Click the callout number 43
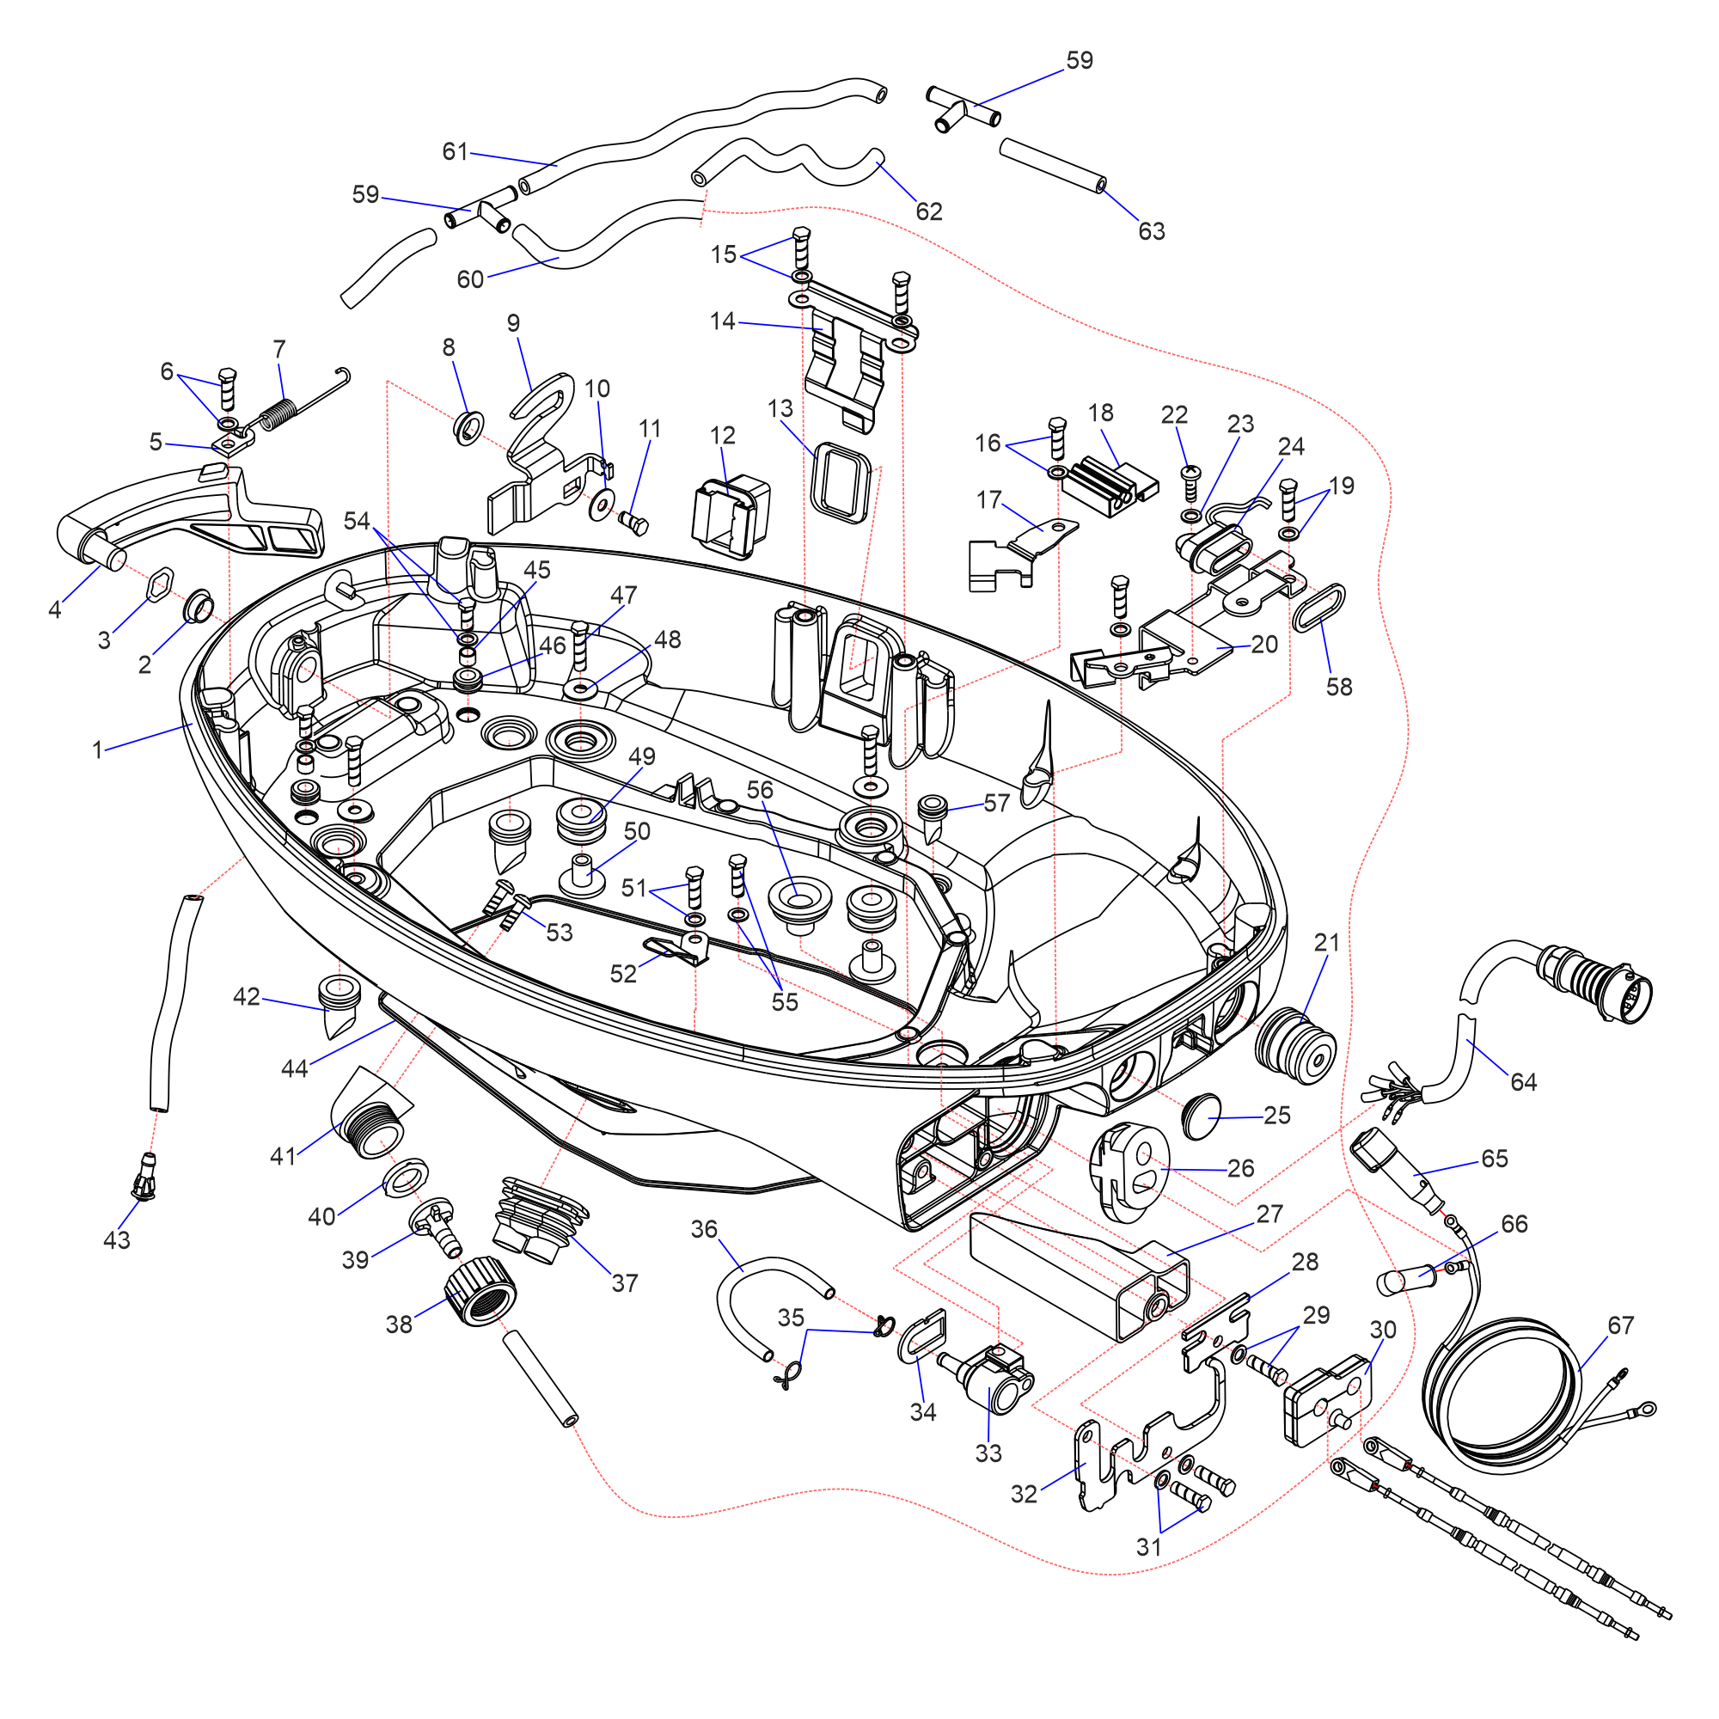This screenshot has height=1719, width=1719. point(117,1240)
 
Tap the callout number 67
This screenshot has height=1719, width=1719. point(1620,1324)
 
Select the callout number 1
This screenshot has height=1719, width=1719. point(98,750)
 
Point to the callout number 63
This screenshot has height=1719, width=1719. point(1152,231)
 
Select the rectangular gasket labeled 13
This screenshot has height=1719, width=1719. point(840,481)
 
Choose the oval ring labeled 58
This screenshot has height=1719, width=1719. point(1318,609)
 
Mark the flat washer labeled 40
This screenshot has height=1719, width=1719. point(405,1178)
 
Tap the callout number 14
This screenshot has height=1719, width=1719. point(723,321)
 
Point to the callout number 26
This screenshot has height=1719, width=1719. point(1240,1168)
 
